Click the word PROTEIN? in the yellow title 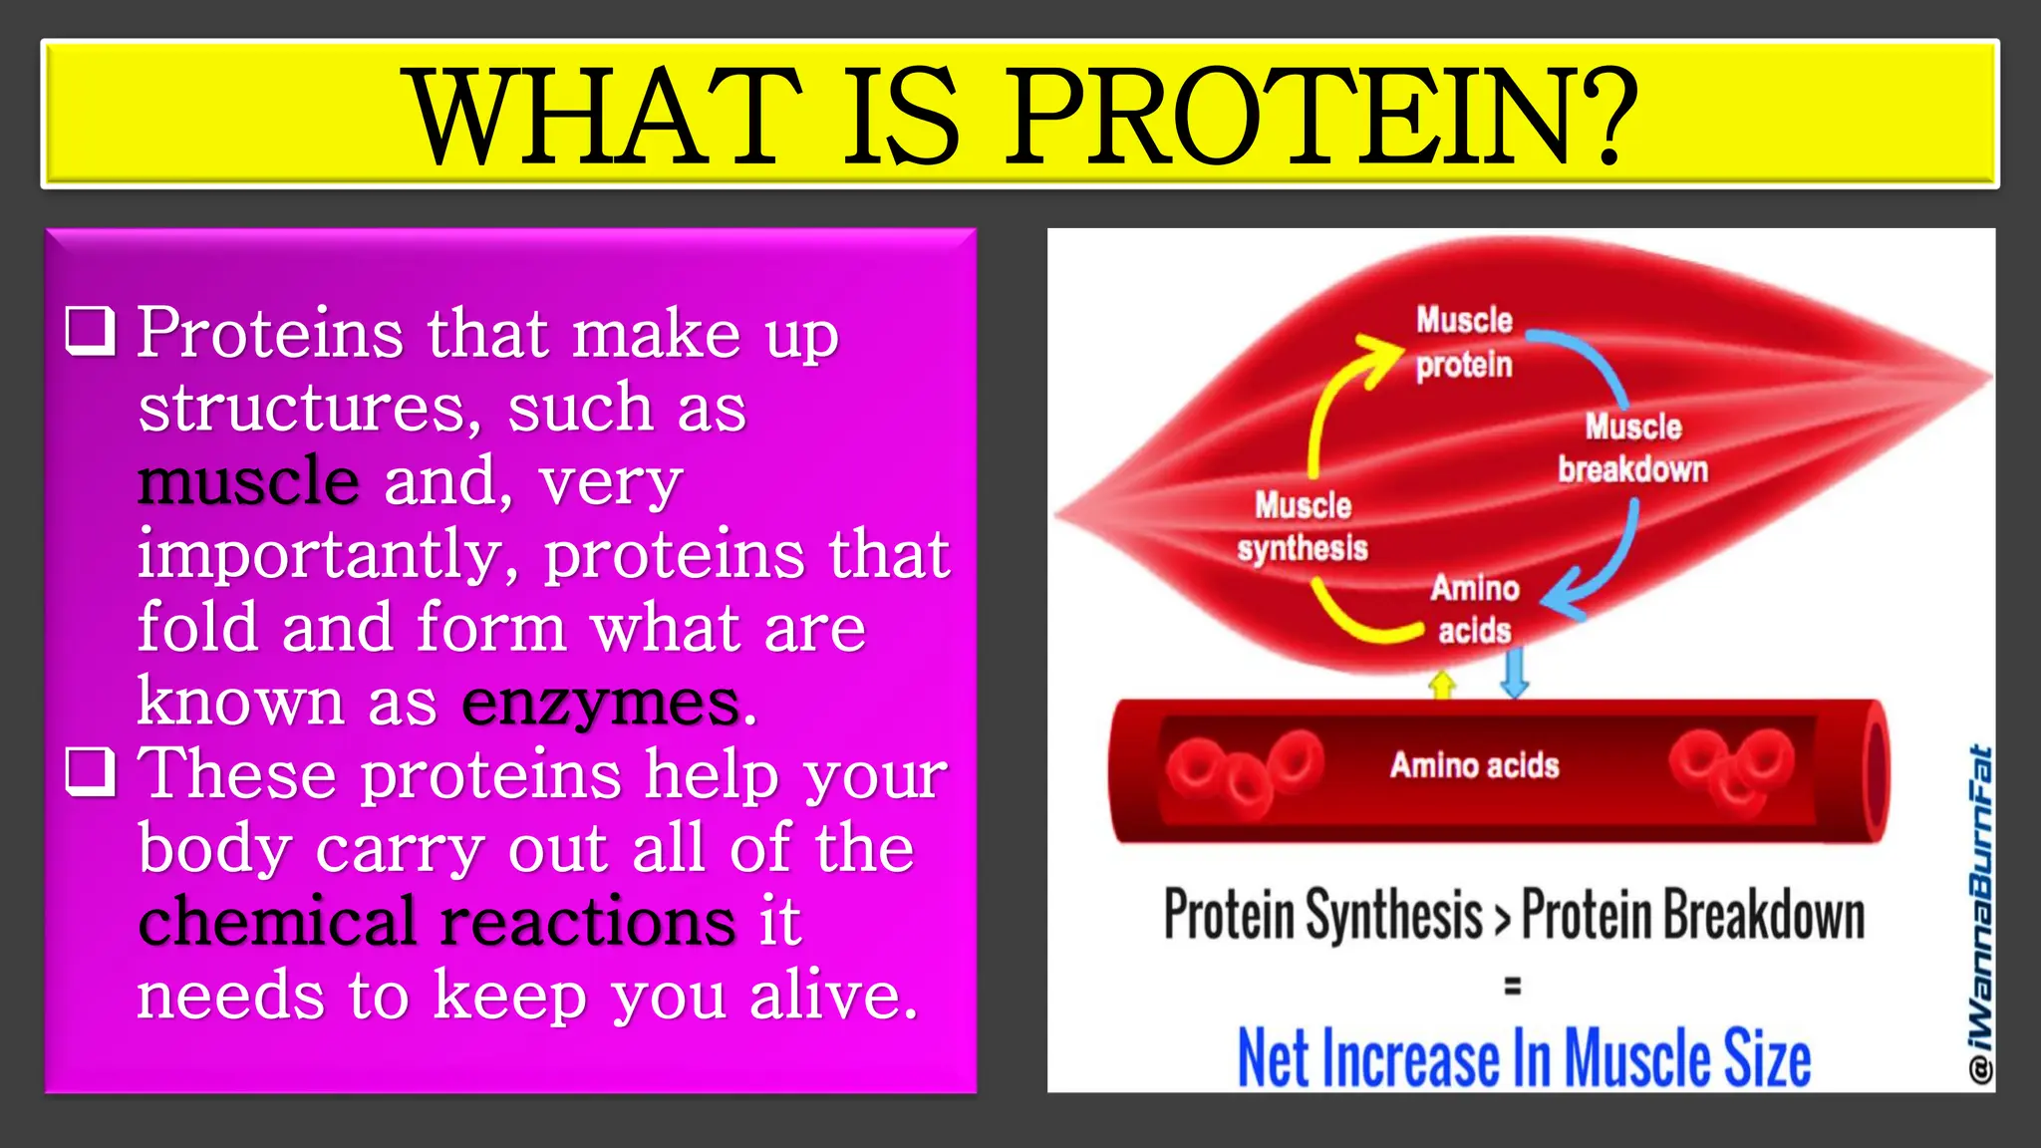[x=1320, y=117]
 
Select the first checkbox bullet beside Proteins [x=91, y=331]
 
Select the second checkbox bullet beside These [x=91, y=772]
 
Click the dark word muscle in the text [x=248, y=480]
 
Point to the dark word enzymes [x=601, y=702]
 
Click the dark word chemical [x=277, y=921]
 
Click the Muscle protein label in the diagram [x=1464, y=342]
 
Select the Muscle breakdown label [x=1632, y=448]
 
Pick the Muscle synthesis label [x=1303, y=526]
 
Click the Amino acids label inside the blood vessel [x=1474, y=765]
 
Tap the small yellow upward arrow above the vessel [x=1442, y=685]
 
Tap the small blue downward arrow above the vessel [x=1514, y=673]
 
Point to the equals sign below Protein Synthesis [x=1512, y=987]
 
